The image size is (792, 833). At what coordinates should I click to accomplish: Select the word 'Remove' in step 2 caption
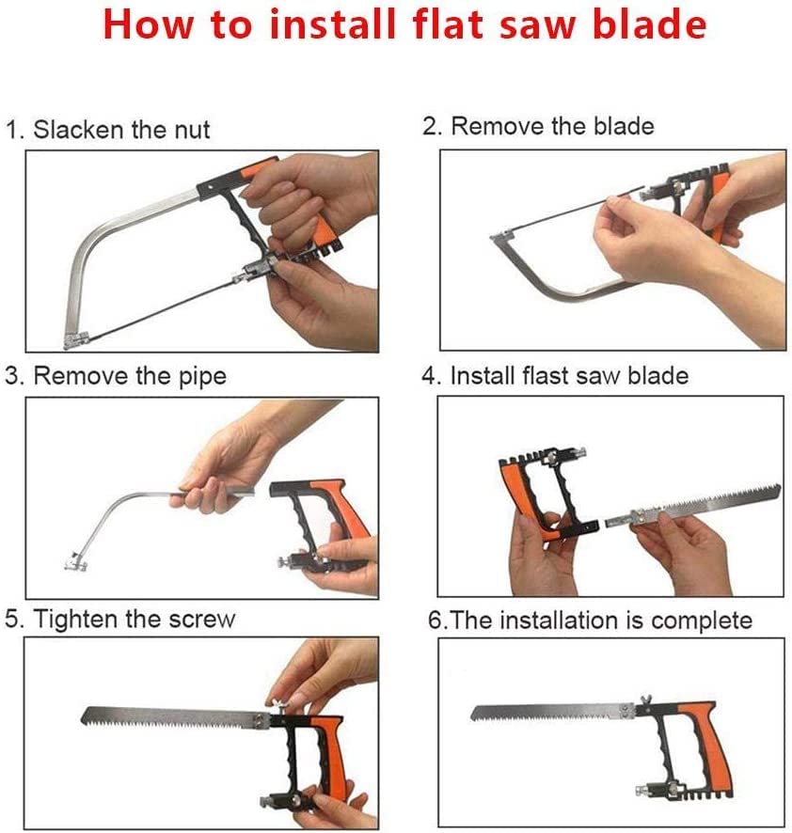click(x=495, y=126)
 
